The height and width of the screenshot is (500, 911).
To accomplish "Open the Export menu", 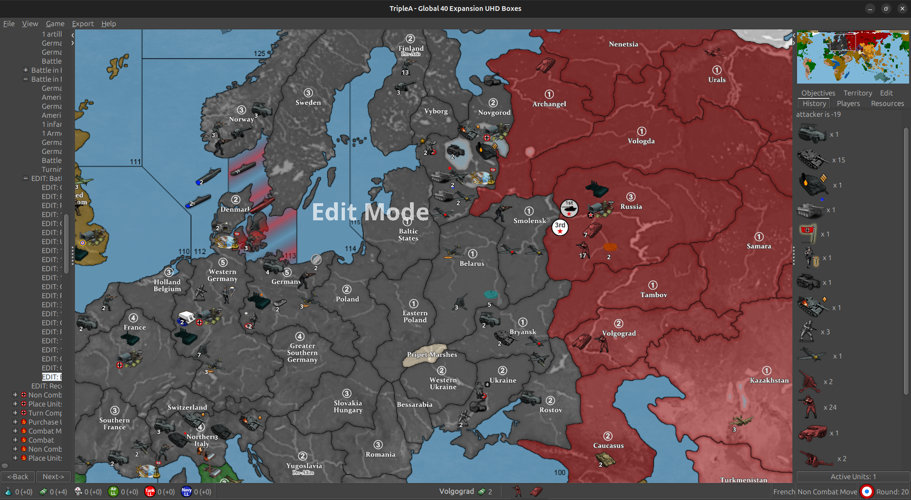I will [x=83, y=24].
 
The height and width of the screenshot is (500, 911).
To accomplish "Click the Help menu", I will [x=109, y=24].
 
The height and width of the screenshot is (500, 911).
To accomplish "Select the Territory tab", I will [x=857, y=93].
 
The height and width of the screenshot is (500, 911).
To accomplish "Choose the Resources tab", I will [x=887, y=104].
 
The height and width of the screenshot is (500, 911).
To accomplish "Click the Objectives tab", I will [x=818, y=93].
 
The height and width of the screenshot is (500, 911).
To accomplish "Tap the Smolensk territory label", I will [x=530, y=221].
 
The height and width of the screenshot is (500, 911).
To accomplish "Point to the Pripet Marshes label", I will [x=432, y=355].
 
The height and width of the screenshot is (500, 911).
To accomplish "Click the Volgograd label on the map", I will [x=619, y=333].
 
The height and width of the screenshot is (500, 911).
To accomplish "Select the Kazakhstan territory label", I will [x=769, y=380].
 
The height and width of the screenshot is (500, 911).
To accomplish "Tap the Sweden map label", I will [x=308, y=103].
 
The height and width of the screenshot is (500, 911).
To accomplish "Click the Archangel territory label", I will [x=549, y=104].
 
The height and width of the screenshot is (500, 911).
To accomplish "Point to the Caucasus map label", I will [x=608, y=445].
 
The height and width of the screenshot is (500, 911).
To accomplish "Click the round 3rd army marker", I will [x=560, y=227].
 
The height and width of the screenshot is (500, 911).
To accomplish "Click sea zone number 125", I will [x=259, y=54].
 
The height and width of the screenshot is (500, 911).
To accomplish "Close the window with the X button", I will [x=902, y=9].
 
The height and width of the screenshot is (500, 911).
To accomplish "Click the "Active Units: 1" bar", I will [x=853, y=477].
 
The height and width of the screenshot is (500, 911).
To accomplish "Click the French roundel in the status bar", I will [x=866, y=492].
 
